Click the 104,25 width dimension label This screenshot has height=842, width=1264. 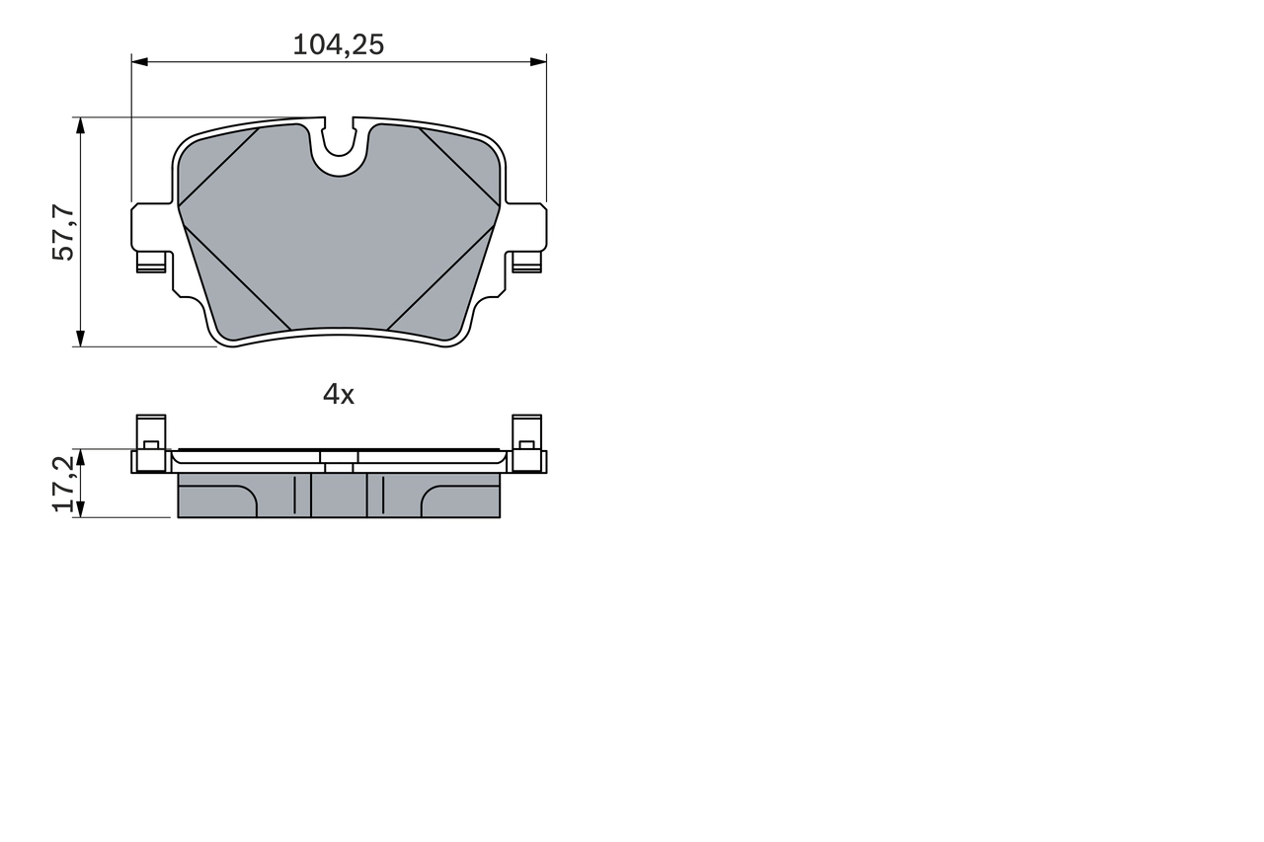tap(338, 44)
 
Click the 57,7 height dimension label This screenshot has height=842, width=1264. tap(63, 232)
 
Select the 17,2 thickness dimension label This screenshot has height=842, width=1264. tap(63, 484)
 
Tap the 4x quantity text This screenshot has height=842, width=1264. tap(338, 395)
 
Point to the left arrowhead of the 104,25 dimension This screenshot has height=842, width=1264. tap(139, 61)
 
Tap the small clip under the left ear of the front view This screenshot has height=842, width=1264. tap(151, 263)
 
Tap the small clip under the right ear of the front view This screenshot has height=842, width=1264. tap(526, 263)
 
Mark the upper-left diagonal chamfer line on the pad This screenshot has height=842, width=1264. tap(218, 167)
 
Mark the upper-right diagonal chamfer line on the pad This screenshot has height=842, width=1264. tap(460, 167)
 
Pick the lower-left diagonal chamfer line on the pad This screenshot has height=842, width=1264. tap(237, 277)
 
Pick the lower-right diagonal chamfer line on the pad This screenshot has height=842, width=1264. tap(440, 277)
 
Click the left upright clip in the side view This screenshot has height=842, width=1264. tap(151, 442)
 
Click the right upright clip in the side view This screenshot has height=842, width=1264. tap(526, 442)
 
